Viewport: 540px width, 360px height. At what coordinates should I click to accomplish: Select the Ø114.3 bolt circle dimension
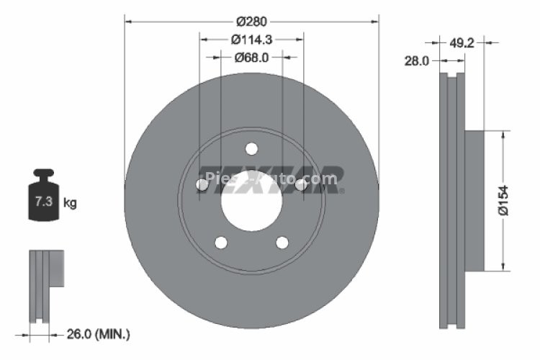point(251,40)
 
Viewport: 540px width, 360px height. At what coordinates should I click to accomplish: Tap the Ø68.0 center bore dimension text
point(251,58)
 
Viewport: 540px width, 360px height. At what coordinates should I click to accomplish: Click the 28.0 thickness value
point(416,62)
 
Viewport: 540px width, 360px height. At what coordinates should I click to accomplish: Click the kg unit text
point(70,203)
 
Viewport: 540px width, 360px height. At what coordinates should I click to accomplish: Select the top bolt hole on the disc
point(251,149)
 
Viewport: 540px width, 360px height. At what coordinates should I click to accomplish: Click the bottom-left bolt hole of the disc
point(221,242)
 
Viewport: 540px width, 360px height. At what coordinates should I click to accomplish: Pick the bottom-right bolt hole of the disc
point(282,242)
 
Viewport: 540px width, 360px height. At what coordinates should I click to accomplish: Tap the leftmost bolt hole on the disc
point(202,185)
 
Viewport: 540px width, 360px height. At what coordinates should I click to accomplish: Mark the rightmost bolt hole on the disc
point(301,185)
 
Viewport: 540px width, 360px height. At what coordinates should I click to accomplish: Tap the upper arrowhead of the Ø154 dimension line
point(502,134)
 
